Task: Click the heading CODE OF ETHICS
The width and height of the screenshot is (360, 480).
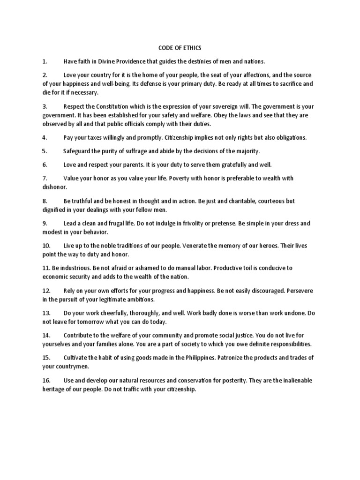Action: (x=180, y=48)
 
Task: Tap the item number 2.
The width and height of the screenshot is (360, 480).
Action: (x=45, y=75)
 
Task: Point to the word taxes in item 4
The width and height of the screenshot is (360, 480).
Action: (x=100, y=137)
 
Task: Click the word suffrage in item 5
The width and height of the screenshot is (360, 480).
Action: (x=136, y=151)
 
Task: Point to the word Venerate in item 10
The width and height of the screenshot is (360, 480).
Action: (x=195, y=246)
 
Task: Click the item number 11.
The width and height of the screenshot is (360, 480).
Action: (x=46, y=268)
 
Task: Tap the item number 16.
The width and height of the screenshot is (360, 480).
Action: (x=46, y=380)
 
